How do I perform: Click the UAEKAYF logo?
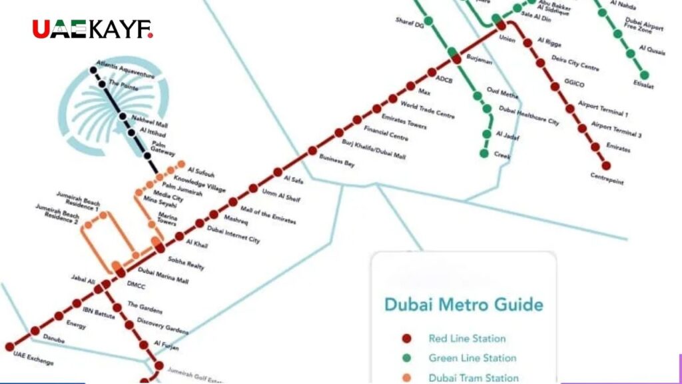tap(93, 29)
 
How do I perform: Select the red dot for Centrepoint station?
tap(606, 165)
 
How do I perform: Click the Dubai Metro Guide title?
tap(464, 305)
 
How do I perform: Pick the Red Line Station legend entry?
tap(467, 339)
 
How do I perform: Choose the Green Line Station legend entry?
tap(472, 358)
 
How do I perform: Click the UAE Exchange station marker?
tap(9, 347)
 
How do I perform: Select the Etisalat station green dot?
tap(644, 75)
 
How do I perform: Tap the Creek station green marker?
tap(485, 153)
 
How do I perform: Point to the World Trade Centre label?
tap(427, 110)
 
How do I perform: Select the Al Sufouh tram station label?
tap(200, 171)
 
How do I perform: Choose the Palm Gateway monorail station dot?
tap(147, 156)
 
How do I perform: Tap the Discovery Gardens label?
tap(163, 326)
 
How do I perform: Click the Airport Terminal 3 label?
tap(616, 130)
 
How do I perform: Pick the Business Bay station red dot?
tap(312, 151)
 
